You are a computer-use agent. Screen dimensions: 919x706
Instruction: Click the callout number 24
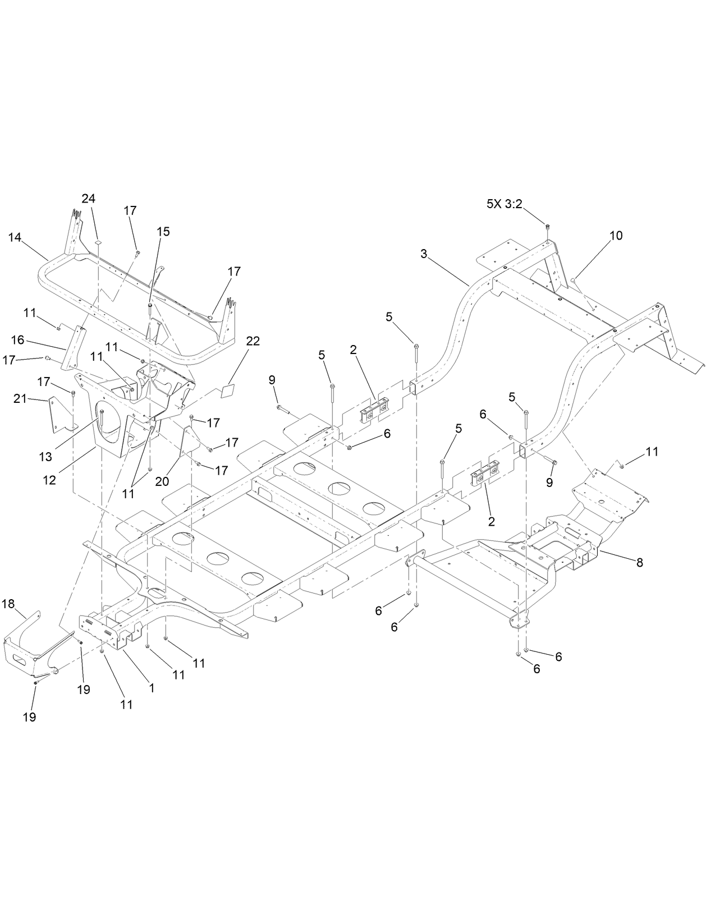[88, 199]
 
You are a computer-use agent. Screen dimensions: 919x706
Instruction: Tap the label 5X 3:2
[505, 204]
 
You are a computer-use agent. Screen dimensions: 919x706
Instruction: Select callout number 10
[616, 236]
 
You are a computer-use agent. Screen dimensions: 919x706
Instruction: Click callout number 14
[15, 237]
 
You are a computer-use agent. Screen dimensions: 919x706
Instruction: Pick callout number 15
[163, 232]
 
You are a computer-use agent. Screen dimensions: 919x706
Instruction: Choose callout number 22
[253, 342]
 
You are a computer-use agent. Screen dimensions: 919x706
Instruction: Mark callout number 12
[50, 480]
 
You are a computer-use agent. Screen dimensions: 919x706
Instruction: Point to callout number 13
[45, 456]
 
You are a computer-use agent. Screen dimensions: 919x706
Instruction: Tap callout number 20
[162, 481]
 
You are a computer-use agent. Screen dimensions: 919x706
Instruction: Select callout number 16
[17, 339]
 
